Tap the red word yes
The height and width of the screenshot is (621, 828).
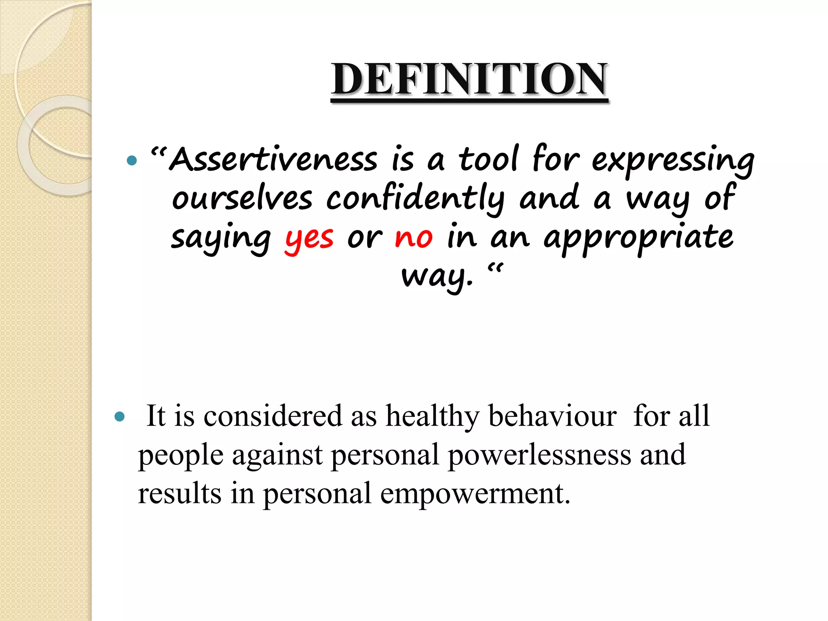[x=309, y=239]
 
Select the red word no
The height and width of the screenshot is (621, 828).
[x=414, y=238]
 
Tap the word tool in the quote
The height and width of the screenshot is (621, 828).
[x=488, y=159]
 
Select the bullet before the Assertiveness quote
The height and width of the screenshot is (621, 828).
[x=132, y=161]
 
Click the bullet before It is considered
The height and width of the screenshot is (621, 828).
[x=120, y=416]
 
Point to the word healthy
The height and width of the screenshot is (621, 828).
[x=432, y=416]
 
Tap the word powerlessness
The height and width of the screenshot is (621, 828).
[x=539, y=455]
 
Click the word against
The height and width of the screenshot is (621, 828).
[x=277, y=455]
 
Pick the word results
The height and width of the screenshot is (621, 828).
[x=180, y=493]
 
